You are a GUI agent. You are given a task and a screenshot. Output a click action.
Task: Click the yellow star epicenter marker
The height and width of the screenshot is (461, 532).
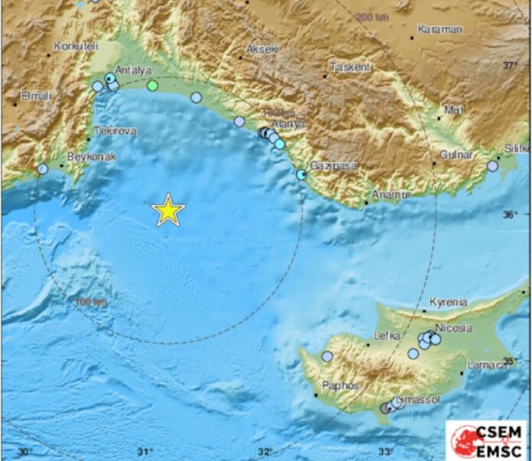point(168,210)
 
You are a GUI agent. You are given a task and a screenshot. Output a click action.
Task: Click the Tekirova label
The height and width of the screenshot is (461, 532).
point(115,131)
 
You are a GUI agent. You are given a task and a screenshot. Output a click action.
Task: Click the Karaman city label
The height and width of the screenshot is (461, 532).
point(440,30)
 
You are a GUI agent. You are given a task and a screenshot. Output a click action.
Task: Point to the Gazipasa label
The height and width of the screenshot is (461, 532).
point(329,166)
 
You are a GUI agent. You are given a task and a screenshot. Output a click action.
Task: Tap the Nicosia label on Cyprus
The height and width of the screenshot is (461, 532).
point(453,328)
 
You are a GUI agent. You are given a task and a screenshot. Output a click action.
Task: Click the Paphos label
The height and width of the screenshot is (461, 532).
point(340,386)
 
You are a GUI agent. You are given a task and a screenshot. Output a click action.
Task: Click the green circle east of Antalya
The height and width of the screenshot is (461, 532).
point(153,86)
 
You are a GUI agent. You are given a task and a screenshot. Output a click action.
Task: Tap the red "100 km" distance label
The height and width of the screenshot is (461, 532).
point(90,304)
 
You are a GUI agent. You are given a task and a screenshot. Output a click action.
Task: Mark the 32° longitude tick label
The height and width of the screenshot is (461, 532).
point(265,452)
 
